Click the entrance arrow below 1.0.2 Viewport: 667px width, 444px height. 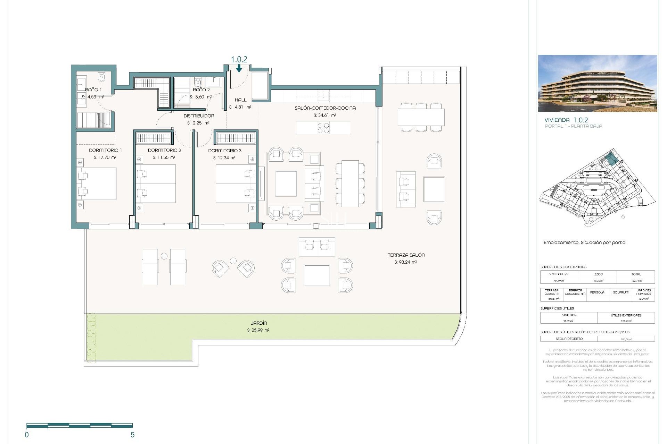[239, 69]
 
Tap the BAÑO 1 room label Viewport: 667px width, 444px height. [93, 89]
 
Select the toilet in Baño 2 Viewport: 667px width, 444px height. [198, 82]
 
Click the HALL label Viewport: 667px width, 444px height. [240, 100]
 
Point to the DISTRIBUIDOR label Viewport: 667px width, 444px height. [199, 116]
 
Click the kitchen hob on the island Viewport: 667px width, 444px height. [323, 128]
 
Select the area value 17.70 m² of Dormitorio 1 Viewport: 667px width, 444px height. [105, 157]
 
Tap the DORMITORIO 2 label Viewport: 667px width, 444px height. [164, 150]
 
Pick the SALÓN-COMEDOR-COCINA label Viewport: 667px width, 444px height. [325, 108]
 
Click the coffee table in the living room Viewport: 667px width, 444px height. [286, 183]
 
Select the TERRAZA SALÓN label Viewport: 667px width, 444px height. [406, 255]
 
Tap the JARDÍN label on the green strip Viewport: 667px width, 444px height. [258, 323]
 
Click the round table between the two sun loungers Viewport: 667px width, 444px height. [164, 256]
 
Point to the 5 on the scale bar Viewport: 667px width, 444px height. [132, 435]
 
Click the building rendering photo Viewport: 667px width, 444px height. [597, 83]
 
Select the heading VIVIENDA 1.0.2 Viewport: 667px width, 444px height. [566, 120]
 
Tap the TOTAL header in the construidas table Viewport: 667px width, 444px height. [636, 274]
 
